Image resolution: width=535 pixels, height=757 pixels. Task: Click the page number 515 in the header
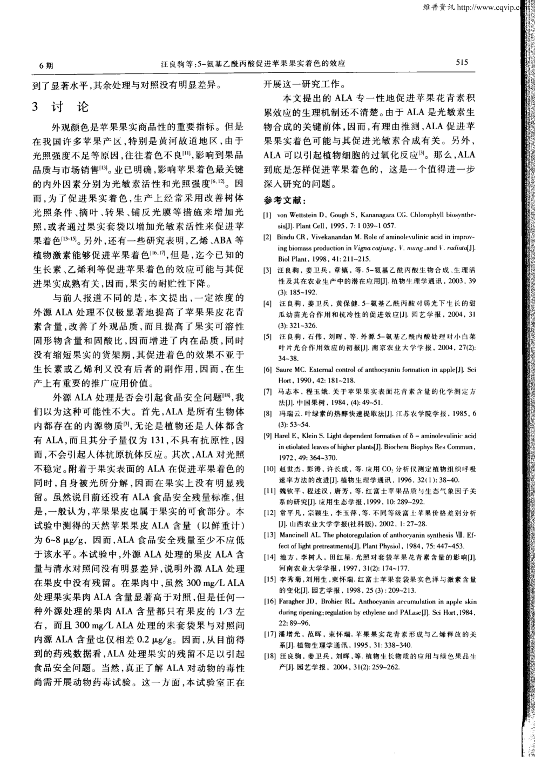(462, 62)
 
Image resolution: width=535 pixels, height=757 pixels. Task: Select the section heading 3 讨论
(60, 107)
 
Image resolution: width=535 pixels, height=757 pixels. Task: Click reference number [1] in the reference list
(267, 215)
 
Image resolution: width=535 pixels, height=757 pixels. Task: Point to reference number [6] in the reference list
(267, 370)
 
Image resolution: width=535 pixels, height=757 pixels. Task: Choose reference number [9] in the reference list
(268, 436)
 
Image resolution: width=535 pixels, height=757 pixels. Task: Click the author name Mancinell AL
(300, 534)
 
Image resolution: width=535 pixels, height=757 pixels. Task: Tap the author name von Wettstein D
(299, 215)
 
